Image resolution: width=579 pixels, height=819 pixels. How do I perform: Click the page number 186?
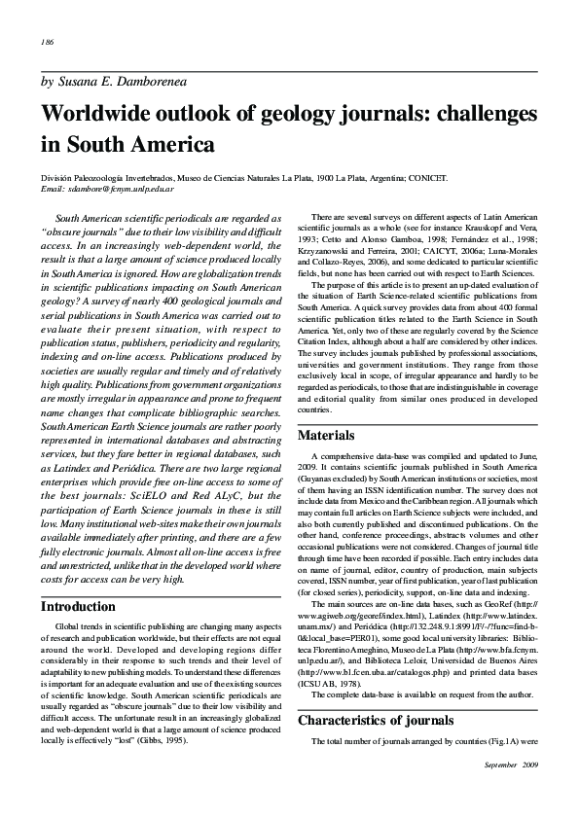47,43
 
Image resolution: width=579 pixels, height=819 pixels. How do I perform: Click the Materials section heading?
327,435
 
